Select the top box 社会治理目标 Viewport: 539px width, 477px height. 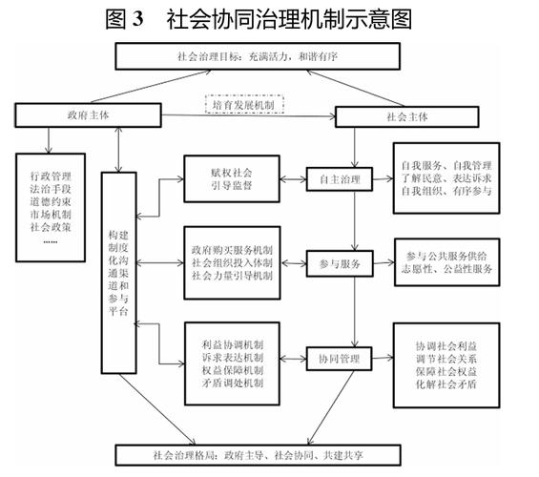click(x=270, y=56)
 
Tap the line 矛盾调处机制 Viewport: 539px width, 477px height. click(x=233, y=384)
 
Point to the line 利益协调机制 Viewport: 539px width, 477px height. click(x=233, y=341)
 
